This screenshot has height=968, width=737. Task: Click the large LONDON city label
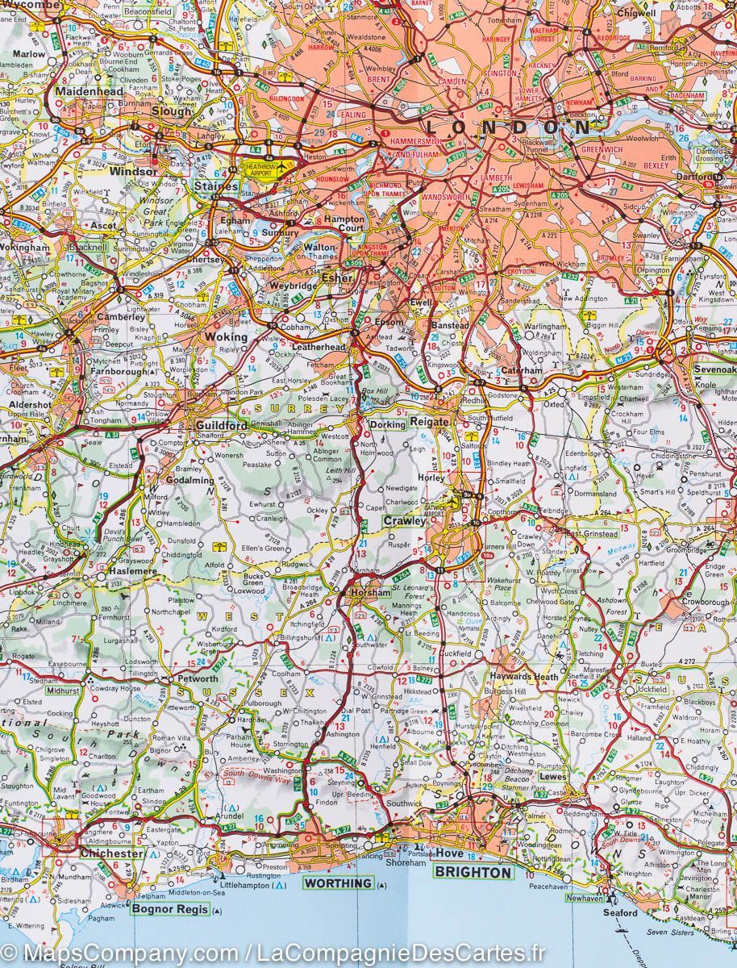click(x=507, y=127)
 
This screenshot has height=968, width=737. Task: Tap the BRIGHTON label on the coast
click(x=473, y=872)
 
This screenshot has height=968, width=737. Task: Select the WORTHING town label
click(x=338, y=883)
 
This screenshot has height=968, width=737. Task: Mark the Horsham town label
click(x=370, y=593)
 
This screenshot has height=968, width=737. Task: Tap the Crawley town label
click(x=404, y=521)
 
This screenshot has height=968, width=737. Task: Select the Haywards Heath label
click(x=525, y=677)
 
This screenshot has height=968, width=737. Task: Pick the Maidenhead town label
click(x=90, y=92)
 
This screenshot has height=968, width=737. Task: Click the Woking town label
click(x=227, y=337)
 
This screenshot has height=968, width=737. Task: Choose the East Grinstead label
click(x=591, y=534)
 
